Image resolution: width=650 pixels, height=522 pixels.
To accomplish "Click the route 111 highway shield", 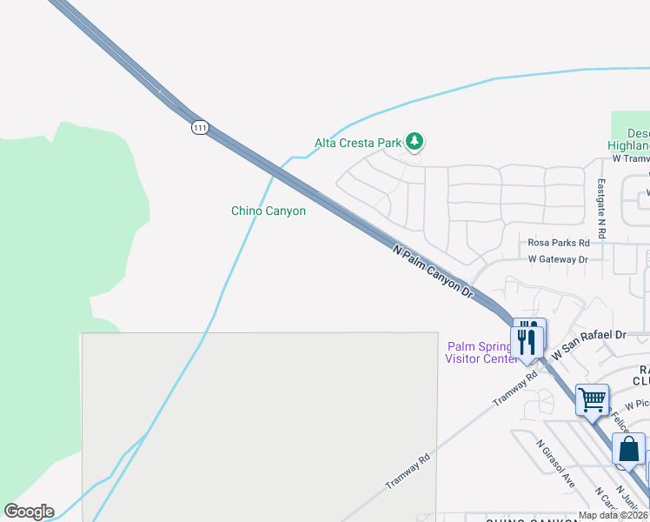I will point(201,127).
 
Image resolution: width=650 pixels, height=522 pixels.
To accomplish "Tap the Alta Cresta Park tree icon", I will point(415,141).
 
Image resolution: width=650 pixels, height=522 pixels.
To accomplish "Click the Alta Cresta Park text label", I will point(358,143).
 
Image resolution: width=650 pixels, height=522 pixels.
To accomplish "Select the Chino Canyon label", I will point(269,211).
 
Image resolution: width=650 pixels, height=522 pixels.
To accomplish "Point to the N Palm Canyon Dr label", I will point(432,272).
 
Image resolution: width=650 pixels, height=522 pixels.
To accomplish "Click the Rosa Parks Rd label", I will point(559,243).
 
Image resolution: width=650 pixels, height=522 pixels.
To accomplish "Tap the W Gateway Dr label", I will point(558,259).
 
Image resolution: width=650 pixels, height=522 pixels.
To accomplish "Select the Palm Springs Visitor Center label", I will point(481,352).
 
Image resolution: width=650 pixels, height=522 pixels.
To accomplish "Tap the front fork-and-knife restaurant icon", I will point(527,340).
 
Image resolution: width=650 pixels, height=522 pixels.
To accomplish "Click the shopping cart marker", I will point(592,399).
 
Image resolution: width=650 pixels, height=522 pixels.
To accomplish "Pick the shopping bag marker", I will point(628,450).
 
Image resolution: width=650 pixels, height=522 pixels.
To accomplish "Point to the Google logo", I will point(29,512).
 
